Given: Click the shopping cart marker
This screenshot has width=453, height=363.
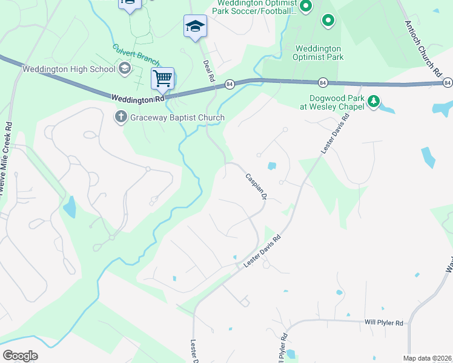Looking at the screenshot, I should click(x=162, y=78).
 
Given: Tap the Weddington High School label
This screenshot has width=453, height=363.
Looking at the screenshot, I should click(x=68, y=68).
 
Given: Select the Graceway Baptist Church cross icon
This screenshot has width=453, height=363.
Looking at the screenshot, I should click(x=121, y=117).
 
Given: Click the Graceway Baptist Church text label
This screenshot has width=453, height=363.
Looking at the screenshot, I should click(x=177, y=118).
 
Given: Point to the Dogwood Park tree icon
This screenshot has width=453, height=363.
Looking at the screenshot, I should click(x=374, y=101).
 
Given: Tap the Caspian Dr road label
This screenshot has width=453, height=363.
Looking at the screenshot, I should click(x=256, y=187).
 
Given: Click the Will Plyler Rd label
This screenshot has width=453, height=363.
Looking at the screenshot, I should click(x=384, y=324).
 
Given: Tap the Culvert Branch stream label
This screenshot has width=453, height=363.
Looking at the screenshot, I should click(x=136, y=54).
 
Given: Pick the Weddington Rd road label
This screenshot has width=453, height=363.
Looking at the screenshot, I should click(x=137, y=97).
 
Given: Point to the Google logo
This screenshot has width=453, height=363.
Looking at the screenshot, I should click(x=21, y=356).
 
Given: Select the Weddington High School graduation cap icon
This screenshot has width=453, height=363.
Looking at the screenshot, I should click(x=125, y=68).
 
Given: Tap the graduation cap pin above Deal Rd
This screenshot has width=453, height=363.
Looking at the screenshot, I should click(x=195, y=26).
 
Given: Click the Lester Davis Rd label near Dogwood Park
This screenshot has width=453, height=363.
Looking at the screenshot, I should click(x=336, y=134).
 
